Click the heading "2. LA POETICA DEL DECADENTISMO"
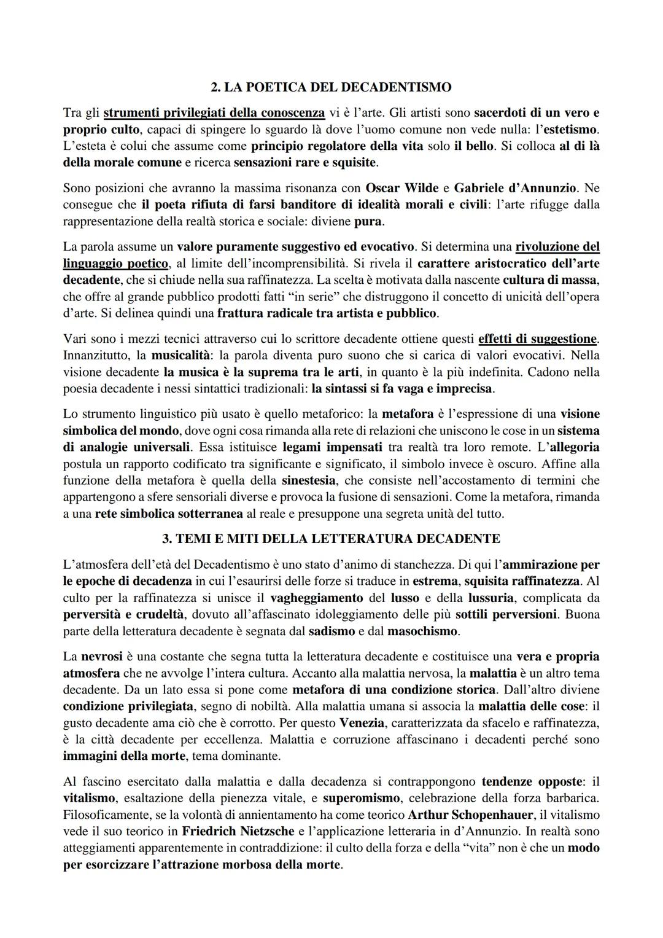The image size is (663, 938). pos(331,87)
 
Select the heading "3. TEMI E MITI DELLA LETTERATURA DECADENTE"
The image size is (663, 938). pos(331,539)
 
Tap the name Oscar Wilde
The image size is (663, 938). pos(401,187)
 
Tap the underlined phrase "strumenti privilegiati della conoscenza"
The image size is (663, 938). pos(214,113)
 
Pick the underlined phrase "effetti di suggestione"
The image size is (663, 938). pos(537,338)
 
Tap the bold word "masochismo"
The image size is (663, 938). pos(423,631)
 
